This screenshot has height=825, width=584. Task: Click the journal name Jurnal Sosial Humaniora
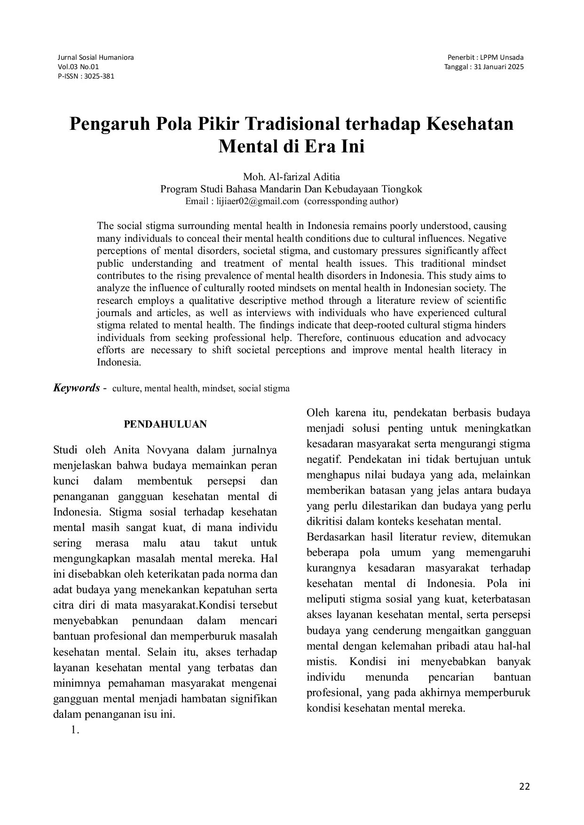point(95,57)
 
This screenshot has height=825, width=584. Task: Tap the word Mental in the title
point(247,147)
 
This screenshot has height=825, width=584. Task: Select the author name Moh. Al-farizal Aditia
point(292,177)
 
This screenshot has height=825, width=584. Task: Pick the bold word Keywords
point(76,388)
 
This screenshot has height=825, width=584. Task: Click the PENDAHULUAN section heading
point(165,424)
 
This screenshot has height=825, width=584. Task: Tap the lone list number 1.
point(74,730)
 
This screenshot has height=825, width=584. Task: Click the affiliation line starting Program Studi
point(292,189)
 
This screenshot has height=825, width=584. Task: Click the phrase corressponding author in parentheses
point(351,201)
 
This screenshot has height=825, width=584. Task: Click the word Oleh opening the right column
point(317,413)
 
